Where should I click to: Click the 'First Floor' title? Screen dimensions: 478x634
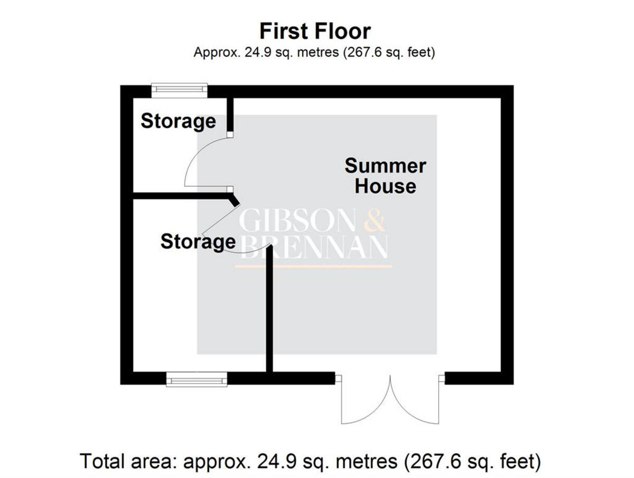coord(315,31)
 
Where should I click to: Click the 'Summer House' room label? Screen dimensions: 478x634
coord(385,176)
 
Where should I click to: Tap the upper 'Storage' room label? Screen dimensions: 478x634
coord(178,121)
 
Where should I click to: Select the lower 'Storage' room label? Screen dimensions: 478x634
coord(198,242)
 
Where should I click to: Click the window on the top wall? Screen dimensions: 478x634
coord(179,90)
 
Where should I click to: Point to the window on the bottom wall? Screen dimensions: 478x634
coord(197,379)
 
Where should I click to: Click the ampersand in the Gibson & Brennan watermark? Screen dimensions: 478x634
coord(375,222)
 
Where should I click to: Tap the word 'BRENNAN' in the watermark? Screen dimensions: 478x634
coord(315,247)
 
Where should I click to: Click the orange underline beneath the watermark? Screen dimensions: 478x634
coord(314,266)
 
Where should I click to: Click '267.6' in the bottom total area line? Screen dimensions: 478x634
coord(427,462)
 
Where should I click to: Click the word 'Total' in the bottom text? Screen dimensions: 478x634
coord(102,462)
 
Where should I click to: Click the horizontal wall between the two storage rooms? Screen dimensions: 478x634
coord(180,196)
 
